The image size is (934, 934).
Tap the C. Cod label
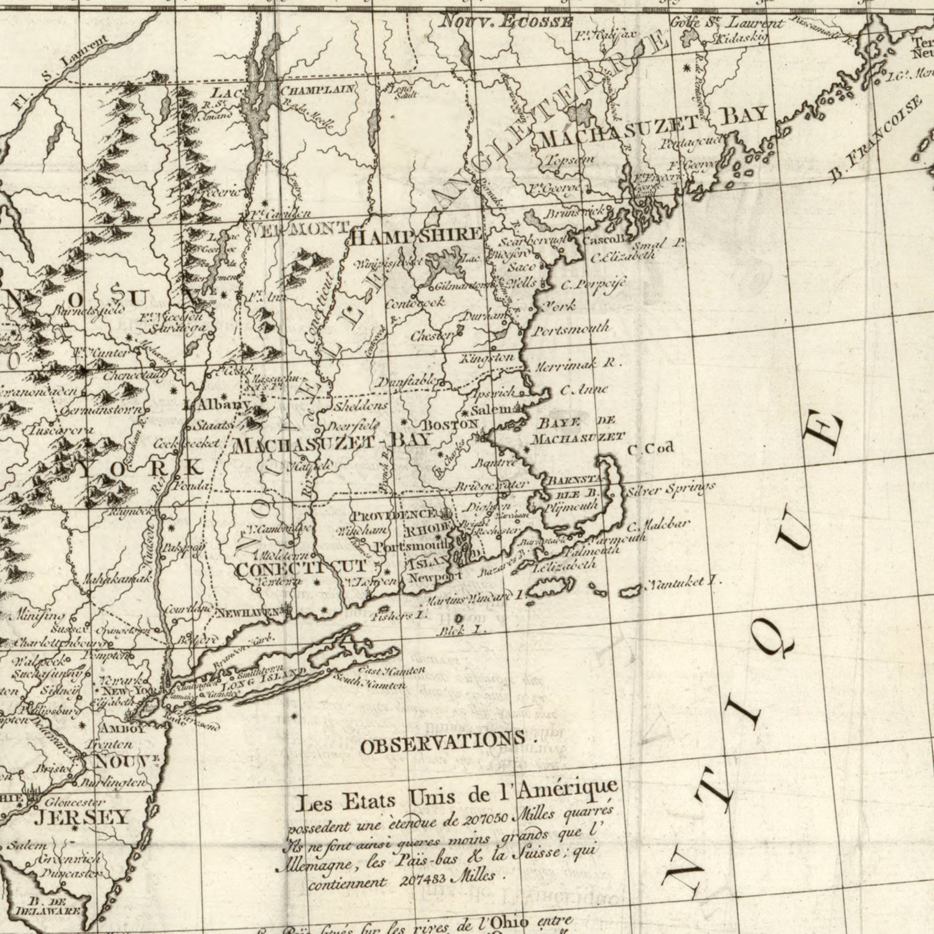point(650,449)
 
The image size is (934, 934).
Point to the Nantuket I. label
point(683,583)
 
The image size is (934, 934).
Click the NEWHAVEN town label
point(247,613)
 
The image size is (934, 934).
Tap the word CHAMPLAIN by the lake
point(318,90)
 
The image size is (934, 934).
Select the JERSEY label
point(82,817)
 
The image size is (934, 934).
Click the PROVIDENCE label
point(393,515)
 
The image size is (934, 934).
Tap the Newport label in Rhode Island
point(435,577)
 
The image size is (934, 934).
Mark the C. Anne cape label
point(583,389)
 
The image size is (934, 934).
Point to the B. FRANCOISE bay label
point(876,138)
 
